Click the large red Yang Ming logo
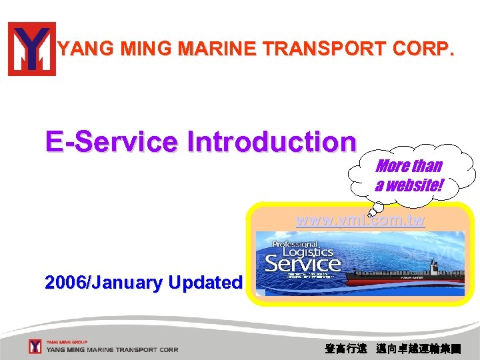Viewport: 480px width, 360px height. [32, 49]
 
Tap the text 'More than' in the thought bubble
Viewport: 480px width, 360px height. [408, 166]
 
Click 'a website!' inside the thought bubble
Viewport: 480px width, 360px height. [408, 185]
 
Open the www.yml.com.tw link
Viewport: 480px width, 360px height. [360, 221]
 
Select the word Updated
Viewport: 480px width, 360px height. [205, 283]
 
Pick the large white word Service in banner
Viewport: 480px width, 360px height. [303, 264]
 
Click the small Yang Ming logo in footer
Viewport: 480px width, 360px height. [35, 346]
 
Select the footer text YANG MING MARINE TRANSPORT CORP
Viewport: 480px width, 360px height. [112, 349]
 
